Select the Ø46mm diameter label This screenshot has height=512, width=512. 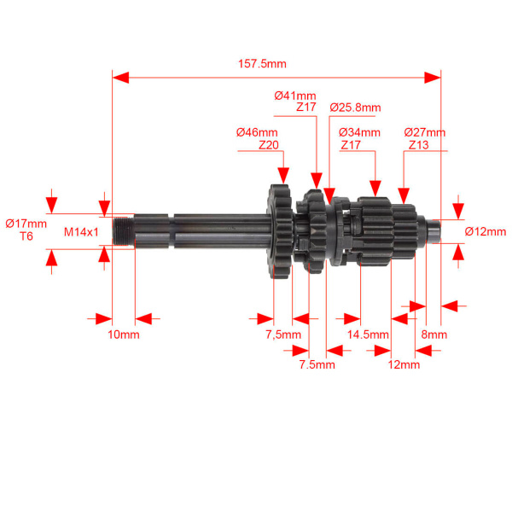pos(258,132)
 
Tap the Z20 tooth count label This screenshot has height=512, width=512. pos(269,145)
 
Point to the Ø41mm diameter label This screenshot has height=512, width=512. pos(295,96)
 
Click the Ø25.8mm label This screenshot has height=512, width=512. pos(354,108)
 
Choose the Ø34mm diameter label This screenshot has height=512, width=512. pos(359,132)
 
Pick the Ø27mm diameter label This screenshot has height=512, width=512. pos(425,132)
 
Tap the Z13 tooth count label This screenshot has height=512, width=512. pos(418,145)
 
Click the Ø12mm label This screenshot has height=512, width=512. pos(486,231)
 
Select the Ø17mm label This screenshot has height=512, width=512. pos(26,223)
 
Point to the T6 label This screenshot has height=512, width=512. pos(26,236)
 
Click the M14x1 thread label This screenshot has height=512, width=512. pos(82,231)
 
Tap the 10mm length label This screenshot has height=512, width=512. pos(123,334)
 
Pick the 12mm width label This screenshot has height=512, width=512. pos(404,364)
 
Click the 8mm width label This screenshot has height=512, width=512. pos(434,335)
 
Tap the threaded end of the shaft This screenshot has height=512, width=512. pos(124,230)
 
